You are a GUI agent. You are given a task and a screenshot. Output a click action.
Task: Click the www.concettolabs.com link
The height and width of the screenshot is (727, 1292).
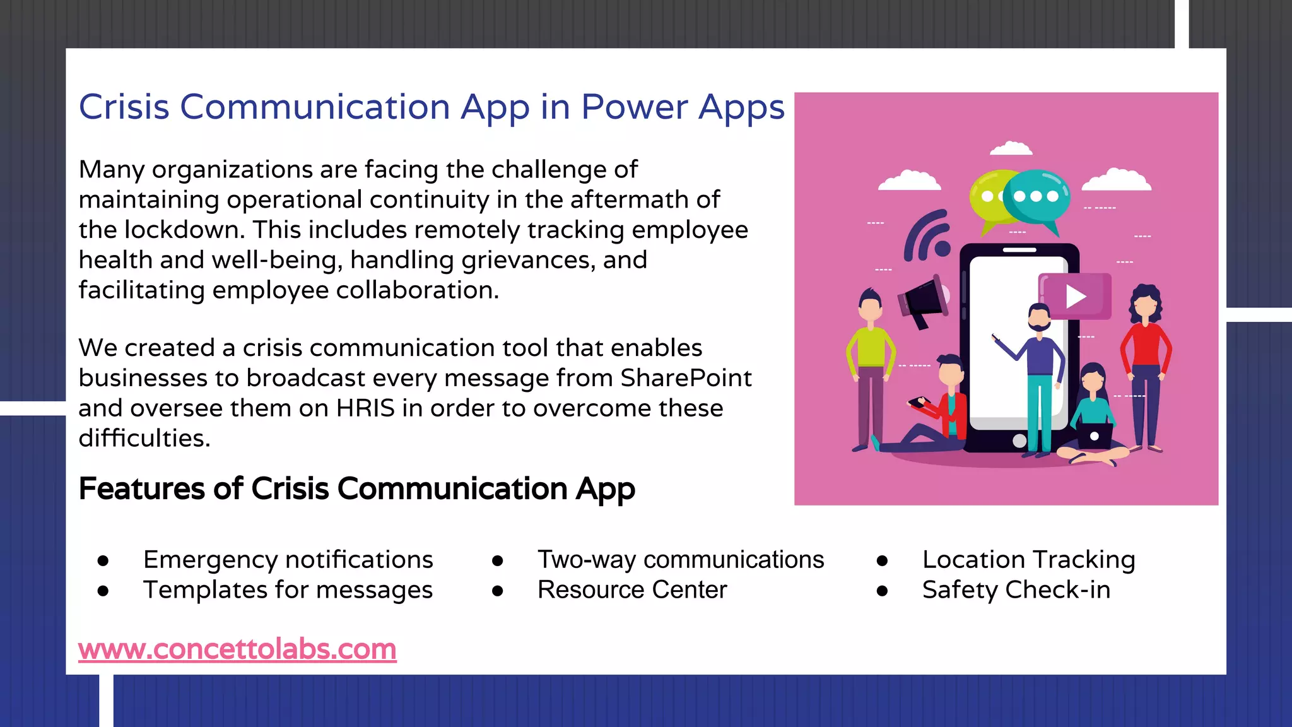[x=237, y=649]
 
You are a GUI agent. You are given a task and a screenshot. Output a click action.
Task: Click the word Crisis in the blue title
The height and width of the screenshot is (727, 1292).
[x=124, y=107]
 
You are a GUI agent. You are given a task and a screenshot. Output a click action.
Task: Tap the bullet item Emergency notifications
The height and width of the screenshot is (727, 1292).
[x=288, y=560]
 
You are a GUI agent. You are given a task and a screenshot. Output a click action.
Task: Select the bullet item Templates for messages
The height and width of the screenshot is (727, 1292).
[x=288, y=590]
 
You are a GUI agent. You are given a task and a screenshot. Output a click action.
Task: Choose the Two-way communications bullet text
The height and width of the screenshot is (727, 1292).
[x=680, y=560]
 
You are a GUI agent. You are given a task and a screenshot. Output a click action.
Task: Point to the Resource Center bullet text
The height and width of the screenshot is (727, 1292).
[x=632, y=590]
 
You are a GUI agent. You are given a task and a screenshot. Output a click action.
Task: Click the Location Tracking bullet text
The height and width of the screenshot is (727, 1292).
[x=1028, y=560]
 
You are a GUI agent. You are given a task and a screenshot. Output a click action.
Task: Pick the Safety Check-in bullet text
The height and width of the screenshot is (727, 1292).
[x=1016, y=590]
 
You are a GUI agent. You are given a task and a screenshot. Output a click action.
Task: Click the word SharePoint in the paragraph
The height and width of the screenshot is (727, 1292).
[x=686, y=378]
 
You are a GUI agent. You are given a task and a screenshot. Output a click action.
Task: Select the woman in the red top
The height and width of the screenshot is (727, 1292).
[x=1145, y=366]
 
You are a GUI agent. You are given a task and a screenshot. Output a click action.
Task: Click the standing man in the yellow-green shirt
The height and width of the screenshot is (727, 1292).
[x=871, y=366]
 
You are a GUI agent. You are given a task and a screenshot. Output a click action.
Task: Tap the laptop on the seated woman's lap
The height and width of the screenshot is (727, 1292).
[x=1094, y=436]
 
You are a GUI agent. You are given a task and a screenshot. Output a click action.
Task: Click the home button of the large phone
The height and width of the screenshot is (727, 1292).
[x=1019, y=440]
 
